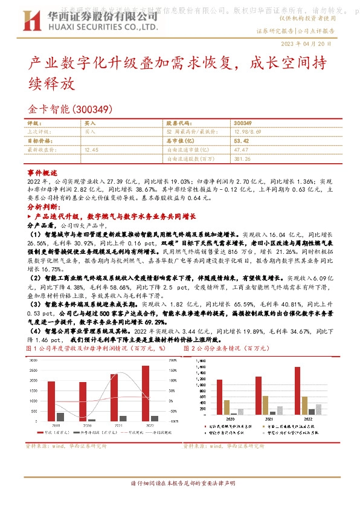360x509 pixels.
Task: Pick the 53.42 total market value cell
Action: click(241, 140)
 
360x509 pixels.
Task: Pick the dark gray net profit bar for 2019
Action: click(60, 417)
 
